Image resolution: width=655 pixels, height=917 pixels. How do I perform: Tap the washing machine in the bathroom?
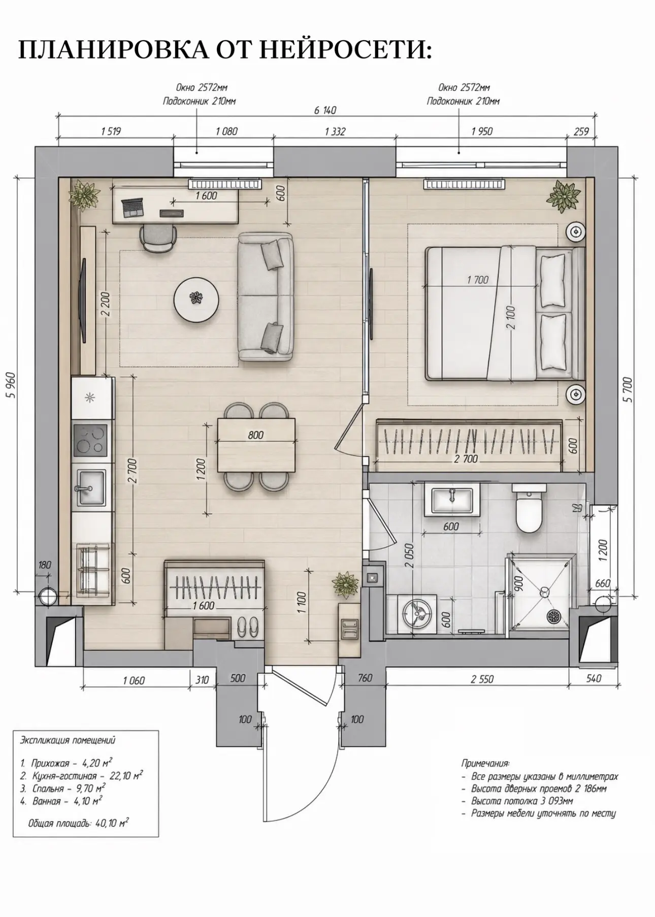coord(418,614)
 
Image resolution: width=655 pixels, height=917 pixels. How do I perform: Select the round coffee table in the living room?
coord(196,299)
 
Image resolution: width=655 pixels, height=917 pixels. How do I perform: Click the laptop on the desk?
coord(132,208)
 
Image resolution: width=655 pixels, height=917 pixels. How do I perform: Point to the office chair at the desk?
coord(158,238)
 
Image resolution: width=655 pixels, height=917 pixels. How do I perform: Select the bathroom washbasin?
coord(455,500)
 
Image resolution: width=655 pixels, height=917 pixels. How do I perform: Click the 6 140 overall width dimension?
coord(325,111)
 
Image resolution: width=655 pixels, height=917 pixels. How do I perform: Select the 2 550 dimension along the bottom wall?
coord(481,679)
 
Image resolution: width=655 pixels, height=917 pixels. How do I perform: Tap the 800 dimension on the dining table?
coord(256,435)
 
